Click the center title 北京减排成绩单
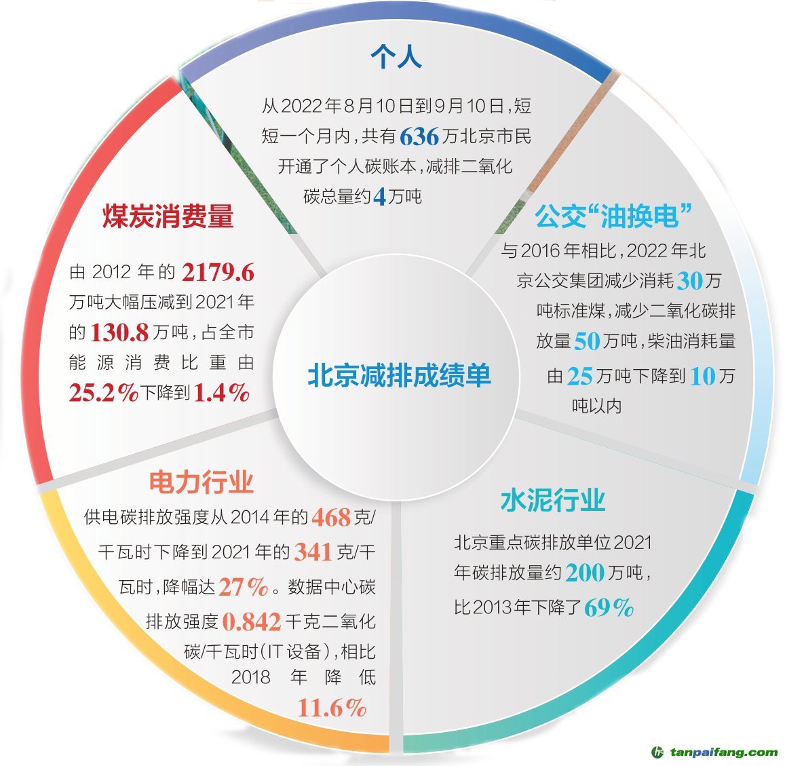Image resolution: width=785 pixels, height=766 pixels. [x=399, y=375]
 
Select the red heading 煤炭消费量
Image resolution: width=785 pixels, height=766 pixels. [x=168, y=216]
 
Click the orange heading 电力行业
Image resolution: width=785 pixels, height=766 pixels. [x=202, y=482]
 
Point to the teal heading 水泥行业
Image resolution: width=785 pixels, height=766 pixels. [x=553, y=501]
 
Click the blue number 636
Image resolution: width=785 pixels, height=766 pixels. [x=419, y=137]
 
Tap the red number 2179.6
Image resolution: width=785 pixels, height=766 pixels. [x=218, y=273]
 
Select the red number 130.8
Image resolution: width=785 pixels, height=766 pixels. [x=119, y=332]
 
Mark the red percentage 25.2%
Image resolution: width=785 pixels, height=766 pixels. [x=103, y=393]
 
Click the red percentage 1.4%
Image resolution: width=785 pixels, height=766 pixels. [x=221, y=393]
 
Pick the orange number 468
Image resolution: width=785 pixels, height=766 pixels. [x=331, y=518]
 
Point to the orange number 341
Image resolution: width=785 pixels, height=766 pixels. [x=313, y=552]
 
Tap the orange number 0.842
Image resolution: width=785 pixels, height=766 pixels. [x=251, y=621]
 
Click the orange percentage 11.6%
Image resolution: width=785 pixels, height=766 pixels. [x=332, y=708]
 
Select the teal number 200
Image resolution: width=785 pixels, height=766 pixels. [x=584, y=573]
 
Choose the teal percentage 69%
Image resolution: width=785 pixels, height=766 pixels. [x=609, y=607]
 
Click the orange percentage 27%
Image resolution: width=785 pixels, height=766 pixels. [x=244, y=587]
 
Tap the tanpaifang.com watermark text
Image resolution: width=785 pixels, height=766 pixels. [x=723, y=752]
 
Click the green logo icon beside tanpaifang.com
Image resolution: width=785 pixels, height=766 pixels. [x=657, y=752]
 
